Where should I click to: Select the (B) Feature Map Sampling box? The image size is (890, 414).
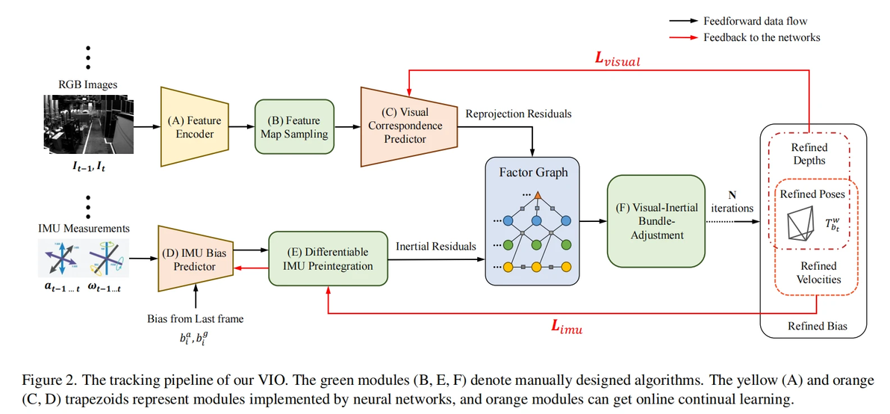(x=293, y=127)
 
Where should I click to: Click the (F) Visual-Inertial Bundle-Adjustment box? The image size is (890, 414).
(x=656, y=220)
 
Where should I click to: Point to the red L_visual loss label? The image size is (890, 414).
(x=617, y=61)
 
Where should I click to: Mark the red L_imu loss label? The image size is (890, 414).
(x=567, y=327)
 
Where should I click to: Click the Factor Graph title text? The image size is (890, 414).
(x=533, y=173)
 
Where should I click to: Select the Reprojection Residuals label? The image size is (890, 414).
(x=518, y=114)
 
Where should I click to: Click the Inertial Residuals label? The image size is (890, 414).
(x=435, y=245)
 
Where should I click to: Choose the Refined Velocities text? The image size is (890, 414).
(x=818, y=273)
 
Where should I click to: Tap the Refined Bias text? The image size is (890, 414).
(x=818, y=326)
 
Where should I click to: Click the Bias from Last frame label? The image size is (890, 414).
(x=195, y=318)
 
